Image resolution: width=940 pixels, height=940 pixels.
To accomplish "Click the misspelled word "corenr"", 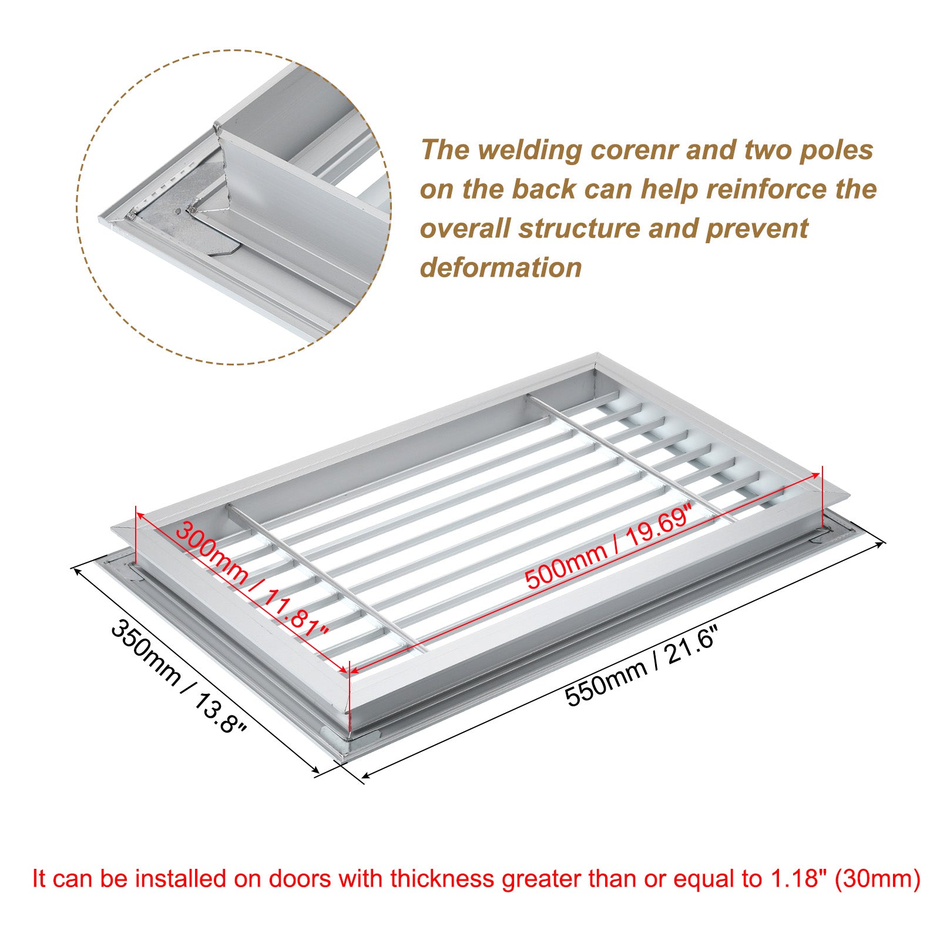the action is pos(634,150).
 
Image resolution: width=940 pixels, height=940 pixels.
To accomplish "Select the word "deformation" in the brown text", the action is pos(501,267).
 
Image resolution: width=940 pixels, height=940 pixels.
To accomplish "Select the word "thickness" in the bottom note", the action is pos(448,879).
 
